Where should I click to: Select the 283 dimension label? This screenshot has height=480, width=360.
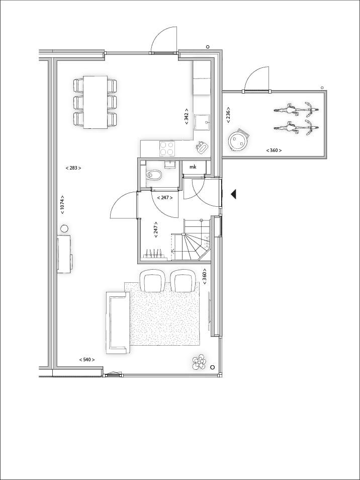pos(73,168)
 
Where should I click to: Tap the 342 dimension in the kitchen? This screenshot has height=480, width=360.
pos(187,116)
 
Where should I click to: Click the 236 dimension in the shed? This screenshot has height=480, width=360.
pos(228,114)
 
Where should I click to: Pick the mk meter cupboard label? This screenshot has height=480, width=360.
pos(193,167)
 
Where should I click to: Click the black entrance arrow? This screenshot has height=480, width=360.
pos(233,194)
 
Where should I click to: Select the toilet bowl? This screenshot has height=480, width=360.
pos(153,176)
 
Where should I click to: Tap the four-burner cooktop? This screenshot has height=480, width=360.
pos(167,148)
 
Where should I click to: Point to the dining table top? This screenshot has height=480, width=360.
pos(96,102)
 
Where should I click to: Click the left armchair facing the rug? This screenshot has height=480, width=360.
pos(152,281)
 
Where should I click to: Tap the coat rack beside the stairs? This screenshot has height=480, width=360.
pos(154,255)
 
